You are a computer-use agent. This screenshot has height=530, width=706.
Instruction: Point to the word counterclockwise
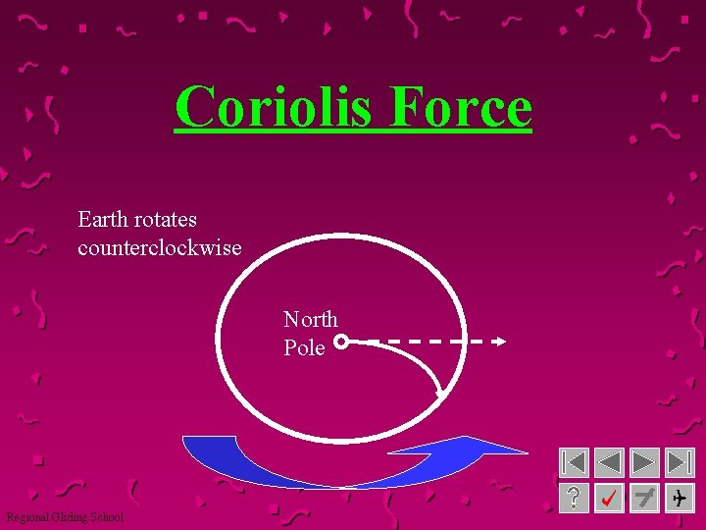159,247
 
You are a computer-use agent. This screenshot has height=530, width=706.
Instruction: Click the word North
310,319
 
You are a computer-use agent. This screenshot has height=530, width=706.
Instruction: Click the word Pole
304,347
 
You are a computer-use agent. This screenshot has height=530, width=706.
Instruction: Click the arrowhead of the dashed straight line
500,342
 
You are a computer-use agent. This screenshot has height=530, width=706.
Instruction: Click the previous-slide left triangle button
609,462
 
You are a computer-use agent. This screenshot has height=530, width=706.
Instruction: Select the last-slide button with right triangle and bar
679,462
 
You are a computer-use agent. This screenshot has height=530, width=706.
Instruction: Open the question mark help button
574,498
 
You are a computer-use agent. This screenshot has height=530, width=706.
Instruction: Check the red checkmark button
609,498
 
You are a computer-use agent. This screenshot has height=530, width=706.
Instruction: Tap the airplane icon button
679,498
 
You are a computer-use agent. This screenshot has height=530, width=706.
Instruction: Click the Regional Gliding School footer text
65,517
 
